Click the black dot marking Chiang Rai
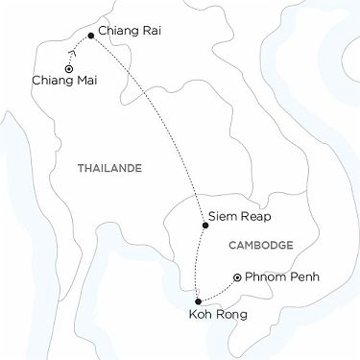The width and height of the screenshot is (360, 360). coord(90,36)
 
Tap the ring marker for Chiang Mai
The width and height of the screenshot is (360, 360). coord(68,69)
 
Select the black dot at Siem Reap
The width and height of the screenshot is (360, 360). coord(205,227)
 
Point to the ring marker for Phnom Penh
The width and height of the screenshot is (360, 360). coord(237,277)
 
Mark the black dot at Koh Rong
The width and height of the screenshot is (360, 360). coord(198,301)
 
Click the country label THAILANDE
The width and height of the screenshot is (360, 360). coord(108,169)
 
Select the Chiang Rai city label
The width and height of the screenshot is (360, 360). coord(130,32)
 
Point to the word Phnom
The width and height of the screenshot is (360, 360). coord(265,278)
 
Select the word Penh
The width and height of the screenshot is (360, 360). coord(301,278)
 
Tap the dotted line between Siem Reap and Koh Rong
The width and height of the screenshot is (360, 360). coord(198,264)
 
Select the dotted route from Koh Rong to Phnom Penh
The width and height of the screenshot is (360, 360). coord(219,292)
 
